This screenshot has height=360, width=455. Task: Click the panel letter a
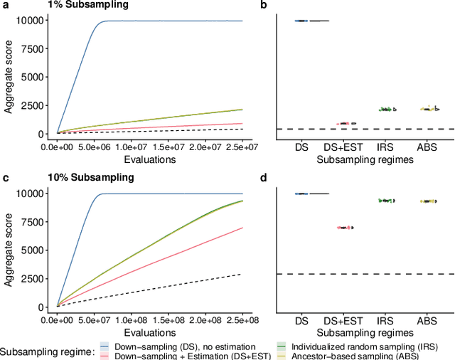click(6, 6)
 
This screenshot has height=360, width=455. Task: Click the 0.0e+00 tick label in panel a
click(58, 147)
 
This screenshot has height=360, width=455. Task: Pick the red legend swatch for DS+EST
click(105, 354)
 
